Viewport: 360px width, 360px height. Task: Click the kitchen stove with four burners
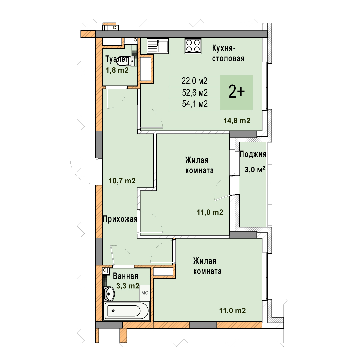coord(193,46)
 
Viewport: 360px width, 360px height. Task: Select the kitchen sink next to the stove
coord(158,46)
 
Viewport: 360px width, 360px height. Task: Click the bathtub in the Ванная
coord(127,311)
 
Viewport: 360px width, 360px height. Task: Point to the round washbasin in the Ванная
coord(109,293)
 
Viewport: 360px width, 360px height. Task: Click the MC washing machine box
coord(145,293)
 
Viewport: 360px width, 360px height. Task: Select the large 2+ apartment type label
coord(236,92)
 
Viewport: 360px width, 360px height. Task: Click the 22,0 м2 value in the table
coord(194,81)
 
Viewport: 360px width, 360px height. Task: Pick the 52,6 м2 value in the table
coord(195,93)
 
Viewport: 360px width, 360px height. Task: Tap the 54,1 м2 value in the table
coord(195,104)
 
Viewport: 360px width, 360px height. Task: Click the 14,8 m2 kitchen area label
coord(237,121)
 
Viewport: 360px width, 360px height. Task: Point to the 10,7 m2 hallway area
coord(122,181)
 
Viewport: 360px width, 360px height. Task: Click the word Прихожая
coord(120,219)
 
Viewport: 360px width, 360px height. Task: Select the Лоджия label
coord(253,154)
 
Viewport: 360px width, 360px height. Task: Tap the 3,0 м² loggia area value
coord(255,170)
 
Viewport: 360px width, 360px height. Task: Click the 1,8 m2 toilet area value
coord(117,70)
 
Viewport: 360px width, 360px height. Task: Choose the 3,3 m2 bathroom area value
coord(128,286)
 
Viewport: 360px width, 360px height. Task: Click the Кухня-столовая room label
coord(228,53)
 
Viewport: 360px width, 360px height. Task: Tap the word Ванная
coord(125,276)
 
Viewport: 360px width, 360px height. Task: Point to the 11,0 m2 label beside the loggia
coord(210,212)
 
